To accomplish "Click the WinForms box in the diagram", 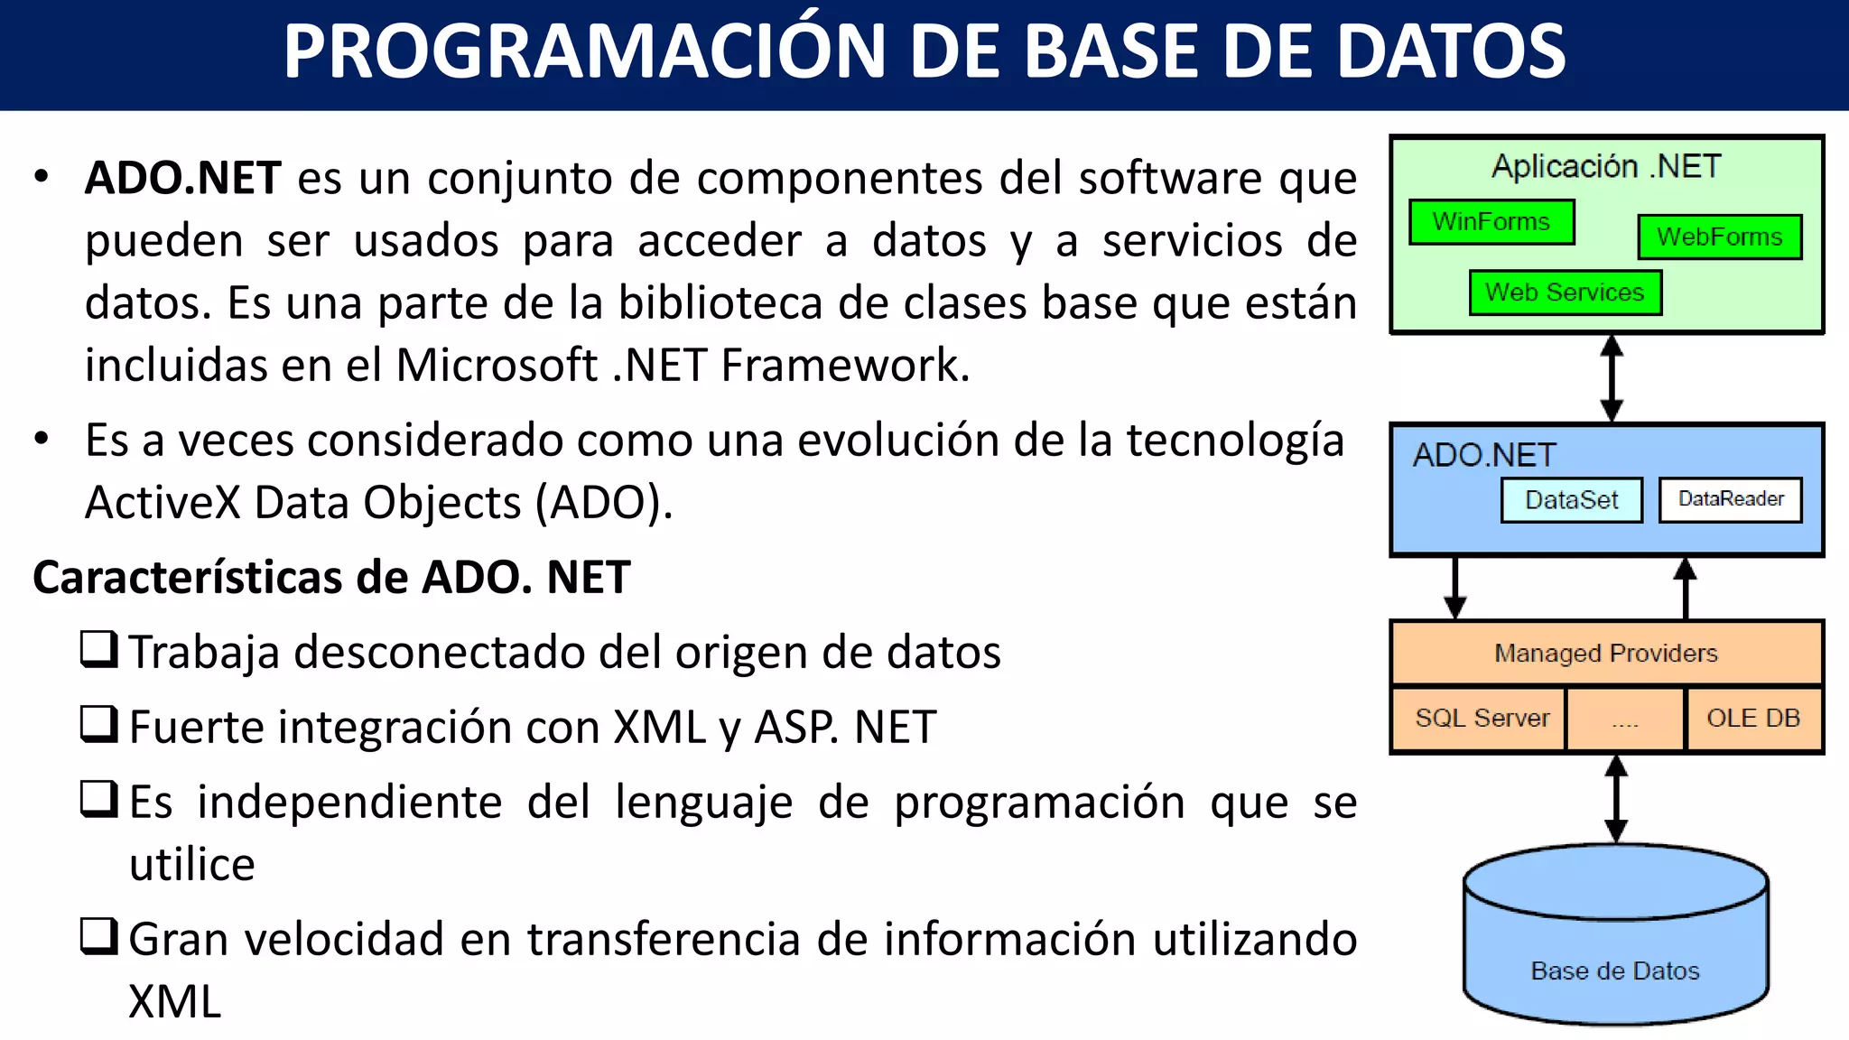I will (x=1491, y=222).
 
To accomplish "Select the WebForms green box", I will (x=1719, y=237).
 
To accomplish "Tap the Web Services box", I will (x=1565, y=293).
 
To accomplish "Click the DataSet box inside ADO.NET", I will (x=1571, y=500).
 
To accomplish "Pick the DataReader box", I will (x=1730, y=499).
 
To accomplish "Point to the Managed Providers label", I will (x=1606, y=653).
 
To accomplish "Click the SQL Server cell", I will (x=1481, y=719).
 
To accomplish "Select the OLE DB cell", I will (x=1752, y=719).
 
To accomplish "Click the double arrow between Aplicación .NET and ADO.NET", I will (x=1612, y=377).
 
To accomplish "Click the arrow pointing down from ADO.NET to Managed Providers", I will (x=1454, y=588).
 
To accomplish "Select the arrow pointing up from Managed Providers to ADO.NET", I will (x=1685, y=588).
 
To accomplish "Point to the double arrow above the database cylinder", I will (x=1616, y=798).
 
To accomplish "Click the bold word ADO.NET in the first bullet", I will (x=182, y=178).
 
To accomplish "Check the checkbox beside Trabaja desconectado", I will (x=98, y=649).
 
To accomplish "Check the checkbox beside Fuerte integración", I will (x=98, y=724).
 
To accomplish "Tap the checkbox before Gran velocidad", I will (x=98, y=936).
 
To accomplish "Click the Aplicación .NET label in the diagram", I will (x=1606, y=167).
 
